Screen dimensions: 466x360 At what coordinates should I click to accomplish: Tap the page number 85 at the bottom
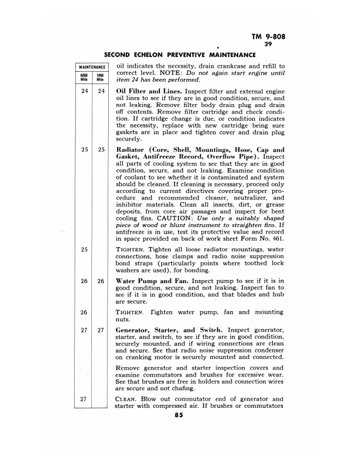pos(179,415)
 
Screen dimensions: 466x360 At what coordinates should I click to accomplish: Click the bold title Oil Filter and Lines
pos(149,92)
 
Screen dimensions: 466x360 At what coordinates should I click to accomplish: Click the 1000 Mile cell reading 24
pos(101,92)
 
